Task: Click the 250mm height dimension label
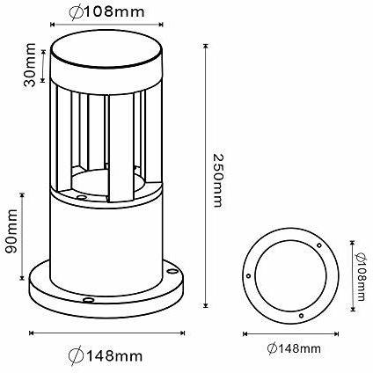(x=217, y=180)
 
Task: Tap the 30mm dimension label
(x=30, y=65)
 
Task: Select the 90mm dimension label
(x=12, y=231)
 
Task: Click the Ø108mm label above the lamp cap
(x=106, y=11)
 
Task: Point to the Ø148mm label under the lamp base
(x=106, y=355)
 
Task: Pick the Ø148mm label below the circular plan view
(x=294, y=348)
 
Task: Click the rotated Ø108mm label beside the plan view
(x=361, y=277)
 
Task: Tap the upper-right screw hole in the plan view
(x=319, y=245)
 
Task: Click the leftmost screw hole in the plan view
(x=249, y=275)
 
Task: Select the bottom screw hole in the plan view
(x=301, y=316)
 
